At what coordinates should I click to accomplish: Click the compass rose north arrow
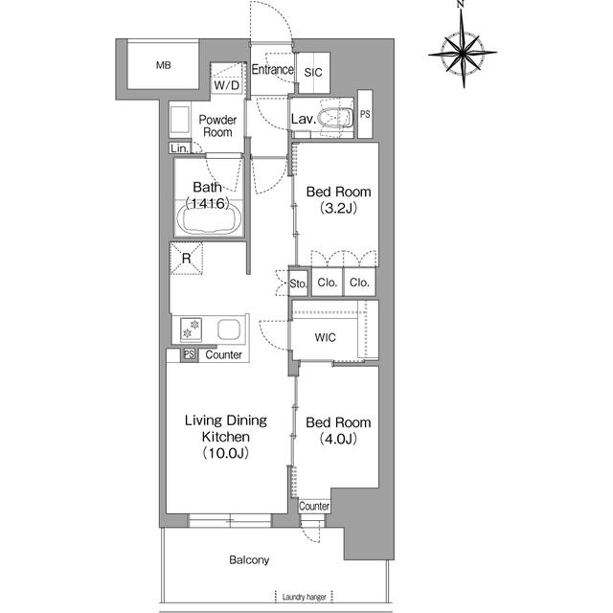463,53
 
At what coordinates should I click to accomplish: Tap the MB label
164,65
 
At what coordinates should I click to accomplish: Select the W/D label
227,85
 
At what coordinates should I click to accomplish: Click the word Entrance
272,70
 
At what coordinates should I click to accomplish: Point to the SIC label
313,73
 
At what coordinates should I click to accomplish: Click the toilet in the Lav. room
334,118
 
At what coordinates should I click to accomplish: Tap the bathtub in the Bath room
209,218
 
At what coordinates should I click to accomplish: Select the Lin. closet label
179,148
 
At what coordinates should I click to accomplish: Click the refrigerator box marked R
187,258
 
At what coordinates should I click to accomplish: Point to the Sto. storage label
298,284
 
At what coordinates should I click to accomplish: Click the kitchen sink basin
229,329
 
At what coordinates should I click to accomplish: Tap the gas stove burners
191,329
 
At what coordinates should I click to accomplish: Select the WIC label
326,337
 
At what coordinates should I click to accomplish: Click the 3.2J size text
338,208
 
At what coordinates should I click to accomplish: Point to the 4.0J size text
338,439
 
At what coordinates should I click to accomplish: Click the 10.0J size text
226,453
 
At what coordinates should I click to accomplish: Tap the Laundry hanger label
305,597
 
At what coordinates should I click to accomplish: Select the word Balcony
249,560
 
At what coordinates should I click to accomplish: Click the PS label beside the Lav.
365,114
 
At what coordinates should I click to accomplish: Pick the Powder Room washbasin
180,120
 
